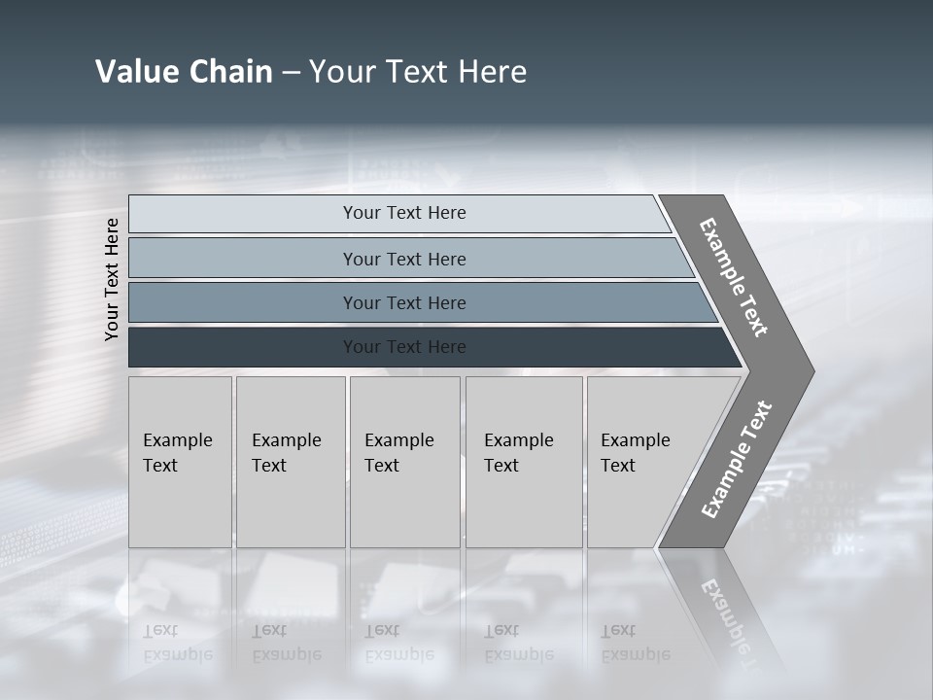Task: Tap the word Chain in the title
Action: point(230,72)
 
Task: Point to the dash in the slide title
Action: point(291,73)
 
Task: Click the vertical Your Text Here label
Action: point(112,279)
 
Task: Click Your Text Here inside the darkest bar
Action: point(404,347)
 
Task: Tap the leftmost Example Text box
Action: point(180,462)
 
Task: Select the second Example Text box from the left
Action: point(291,462)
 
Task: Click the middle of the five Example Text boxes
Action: point(404,462)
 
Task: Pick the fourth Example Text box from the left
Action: point(524,462)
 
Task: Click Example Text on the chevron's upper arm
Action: point(734,277)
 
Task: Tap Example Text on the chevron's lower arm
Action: point(737,459)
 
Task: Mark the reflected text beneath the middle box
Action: point(398,643)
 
